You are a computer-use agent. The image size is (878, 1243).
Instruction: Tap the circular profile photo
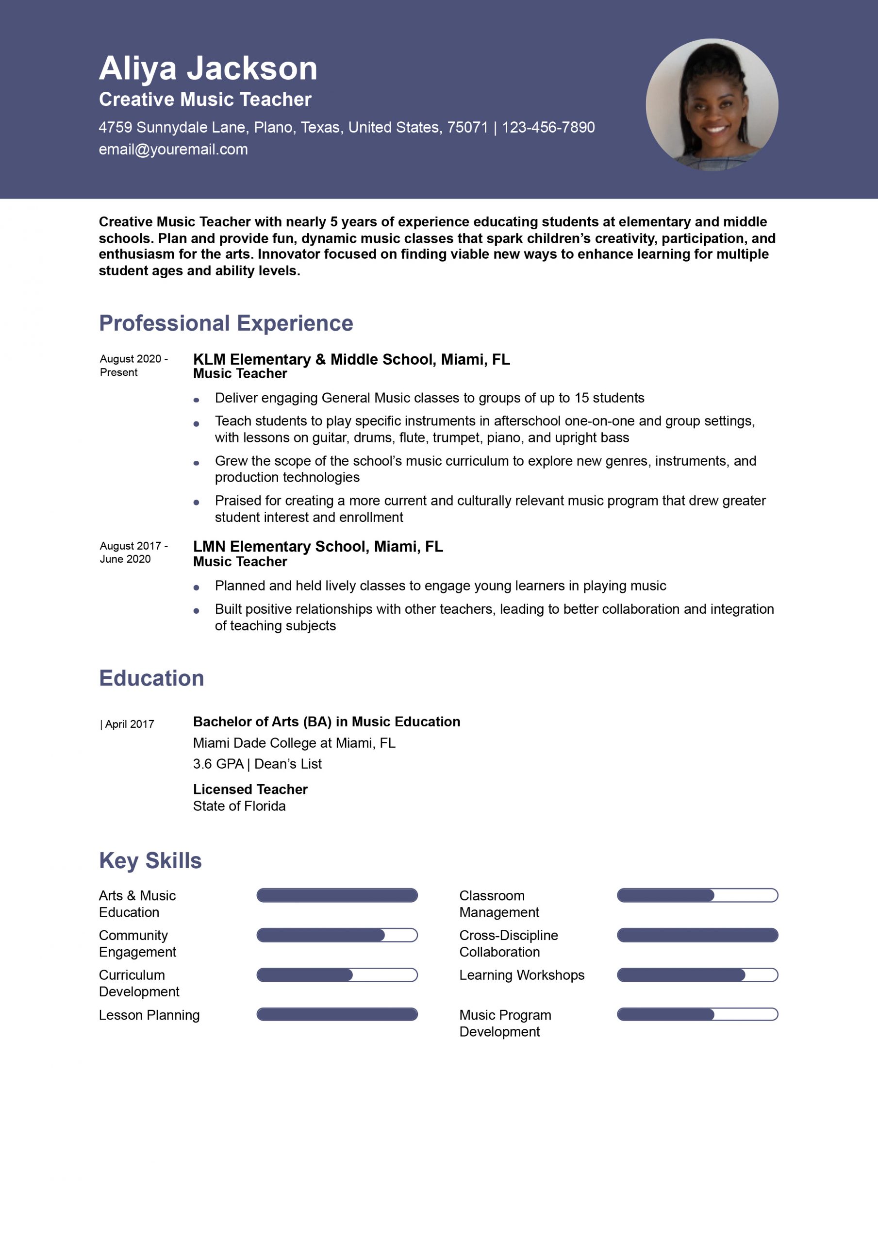click(x=712, y=104)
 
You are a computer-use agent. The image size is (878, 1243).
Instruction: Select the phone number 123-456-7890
click(x=548, y=127)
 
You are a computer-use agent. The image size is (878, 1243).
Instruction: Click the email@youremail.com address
click(x=173, y=150)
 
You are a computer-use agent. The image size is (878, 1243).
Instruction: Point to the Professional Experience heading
click(x=226, y=323)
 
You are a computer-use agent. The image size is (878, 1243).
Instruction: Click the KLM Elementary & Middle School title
click(x=351, y=359)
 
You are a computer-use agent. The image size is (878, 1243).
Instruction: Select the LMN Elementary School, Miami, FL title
click(x=318, y=546)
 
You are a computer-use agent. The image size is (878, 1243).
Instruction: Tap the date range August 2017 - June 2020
click(x=133, y=552)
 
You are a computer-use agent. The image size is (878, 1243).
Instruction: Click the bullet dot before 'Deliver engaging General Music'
click(x=196, y=400)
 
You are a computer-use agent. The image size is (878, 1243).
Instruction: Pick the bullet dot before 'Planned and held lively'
click(x=196, y=588)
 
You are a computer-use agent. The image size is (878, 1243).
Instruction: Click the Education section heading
click(x=151, y=678)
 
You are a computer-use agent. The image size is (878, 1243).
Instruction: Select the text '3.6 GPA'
click(x=218, y=764)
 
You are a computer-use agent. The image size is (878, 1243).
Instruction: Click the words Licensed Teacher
click(x=250, y=789)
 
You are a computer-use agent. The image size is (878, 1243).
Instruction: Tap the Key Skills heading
click(x=150, y=861)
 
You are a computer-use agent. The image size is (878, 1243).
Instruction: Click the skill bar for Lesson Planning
click(x=337, y=1014)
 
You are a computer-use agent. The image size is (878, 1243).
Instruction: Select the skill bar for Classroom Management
click(x=697, y=895)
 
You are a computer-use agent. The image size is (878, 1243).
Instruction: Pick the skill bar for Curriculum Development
click(x=337, y=975)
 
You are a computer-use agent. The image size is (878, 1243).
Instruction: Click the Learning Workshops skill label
click(x=522, y=975)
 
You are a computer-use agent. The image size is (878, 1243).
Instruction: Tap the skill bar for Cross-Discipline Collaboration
click(x=697, y=935)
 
